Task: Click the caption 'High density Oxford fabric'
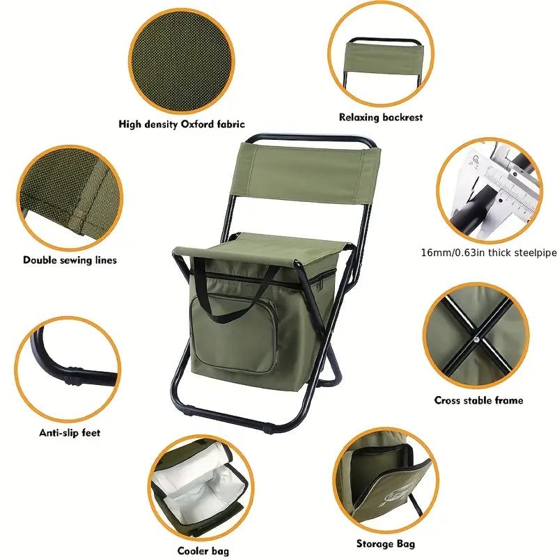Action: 181,125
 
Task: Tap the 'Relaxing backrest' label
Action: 381,118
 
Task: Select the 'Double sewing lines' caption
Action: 70,260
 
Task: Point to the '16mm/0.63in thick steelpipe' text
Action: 489,253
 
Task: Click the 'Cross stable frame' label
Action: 478,400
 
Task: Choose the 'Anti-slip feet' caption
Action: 70,432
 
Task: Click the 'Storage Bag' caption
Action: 386,543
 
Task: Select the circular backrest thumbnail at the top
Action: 380,56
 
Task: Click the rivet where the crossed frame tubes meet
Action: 476,340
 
